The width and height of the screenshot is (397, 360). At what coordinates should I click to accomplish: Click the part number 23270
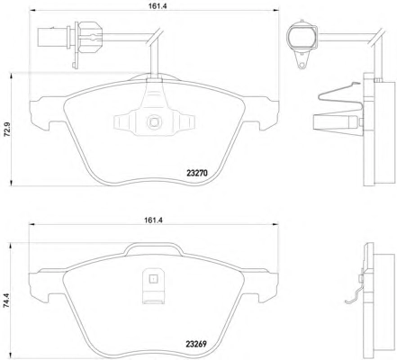pyautogui.click(x=196, y=173)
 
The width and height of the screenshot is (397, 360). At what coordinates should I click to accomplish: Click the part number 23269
pyautogui.click(x=196, y=344)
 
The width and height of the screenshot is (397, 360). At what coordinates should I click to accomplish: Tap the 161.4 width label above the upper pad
pyautogui.click(x=153, y=5)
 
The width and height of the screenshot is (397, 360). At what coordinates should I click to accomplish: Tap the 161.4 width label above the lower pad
pyautogui.click(x=153, y=220)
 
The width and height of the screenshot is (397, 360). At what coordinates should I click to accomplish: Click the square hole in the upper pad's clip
pyautogui.click(x=154, y=122)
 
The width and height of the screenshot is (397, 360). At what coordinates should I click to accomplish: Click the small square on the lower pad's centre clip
pyautogui.click(x=153, y=279)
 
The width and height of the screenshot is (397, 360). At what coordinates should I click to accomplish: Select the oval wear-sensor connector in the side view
pyautogui.click(x=302, y=37)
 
